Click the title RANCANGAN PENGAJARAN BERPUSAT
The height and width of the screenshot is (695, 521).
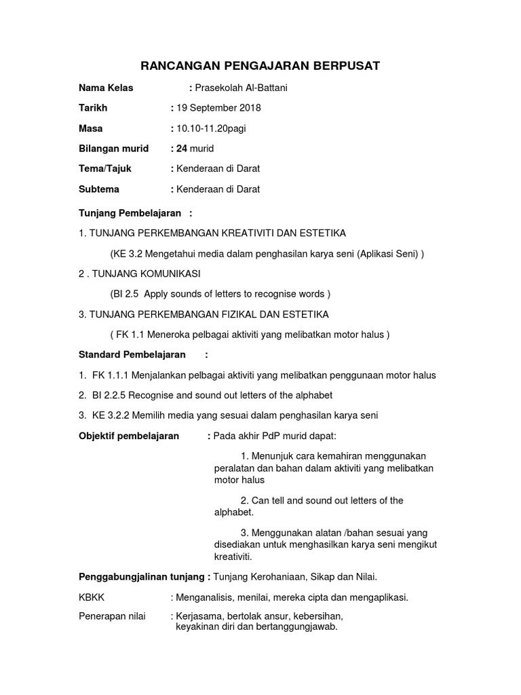coord(260,66)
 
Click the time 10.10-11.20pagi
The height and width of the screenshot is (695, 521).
coord(212,128)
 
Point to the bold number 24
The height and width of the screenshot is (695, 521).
coord(181,149)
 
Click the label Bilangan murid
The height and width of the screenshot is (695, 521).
coord(113,149)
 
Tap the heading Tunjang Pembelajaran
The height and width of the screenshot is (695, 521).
coord(130,213)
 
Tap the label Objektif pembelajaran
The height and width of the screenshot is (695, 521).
coord(129,436)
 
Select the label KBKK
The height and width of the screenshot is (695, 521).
coord(92,597)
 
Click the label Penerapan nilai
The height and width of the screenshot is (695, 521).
coord(113,616)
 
